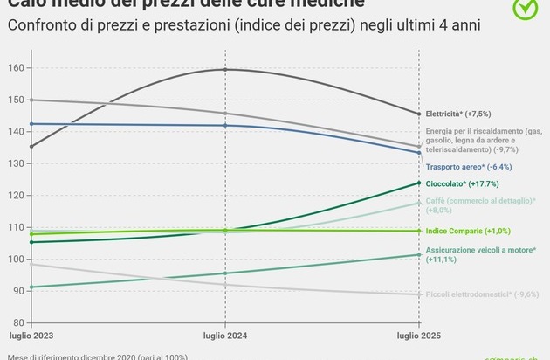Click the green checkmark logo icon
pos(525,8)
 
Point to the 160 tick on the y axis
pos(17,67)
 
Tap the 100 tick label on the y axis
pos(17,260)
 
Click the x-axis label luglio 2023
pos(31,336)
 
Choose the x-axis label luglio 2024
pos(225,336)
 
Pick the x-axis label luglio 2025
pos(420,336)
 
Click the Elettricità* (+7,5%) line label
pos(465,114)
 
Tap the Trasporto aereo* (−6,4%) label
pos(467,166)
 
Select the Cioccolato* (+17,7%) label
pos(467,184)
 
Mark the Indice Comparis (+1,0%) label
pos(468,231)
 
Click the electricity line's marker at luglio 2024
pos(225,69)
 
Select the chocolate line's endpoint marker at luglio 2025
pos(420,183)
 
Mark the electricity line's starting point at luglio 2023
pos(31,146)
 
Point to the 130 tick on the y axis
pos(17,163)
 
